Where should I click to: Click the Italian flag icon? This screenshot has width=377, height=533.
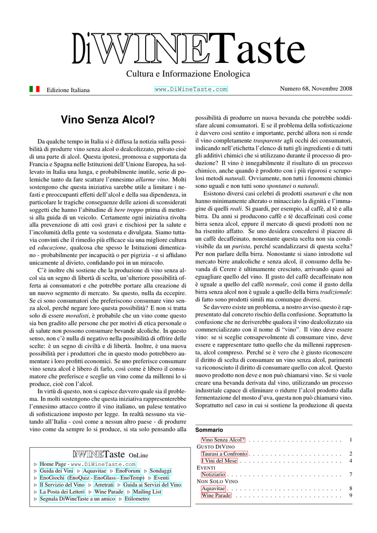[34, 89]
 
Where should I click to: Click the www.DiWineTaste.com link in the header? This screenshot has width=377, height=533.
[191, 90]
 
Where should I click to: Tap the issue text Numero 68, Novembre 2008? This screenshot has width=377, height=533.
[316, 88]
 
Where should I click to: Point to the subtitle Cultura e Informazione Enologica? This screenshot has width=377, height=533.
[188, 74]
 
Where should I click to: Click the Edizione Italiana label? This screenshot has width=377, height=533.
[68, 90]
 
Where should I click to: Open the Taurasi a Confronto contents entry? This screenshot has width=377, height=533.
[224, 454]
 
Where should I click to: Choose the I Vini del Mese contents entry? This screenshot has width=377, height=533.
[219, 461]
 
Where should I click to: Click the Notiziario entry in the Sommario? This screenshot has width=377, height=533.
[213, 474]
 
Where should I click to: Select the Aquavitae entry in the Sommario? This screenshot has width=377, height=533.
[213, 488]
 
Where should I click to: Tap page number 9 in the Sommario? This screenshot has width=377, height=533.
[351, 495]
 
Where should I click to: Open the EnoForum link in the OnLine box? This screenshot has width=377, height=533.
[128, 471]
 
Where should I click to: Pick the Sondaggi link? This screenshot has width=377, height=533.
[161, 471]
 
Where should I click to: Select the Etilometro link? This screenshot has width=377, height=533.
[137, 499]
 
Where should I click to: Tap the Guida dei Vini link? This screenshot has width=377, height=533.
[57, 471]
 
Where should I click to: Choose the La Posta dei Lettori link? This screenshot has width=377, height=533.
[62, 491]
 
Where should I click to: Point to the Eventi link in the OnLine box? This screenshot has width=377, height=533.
[162, 477]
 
